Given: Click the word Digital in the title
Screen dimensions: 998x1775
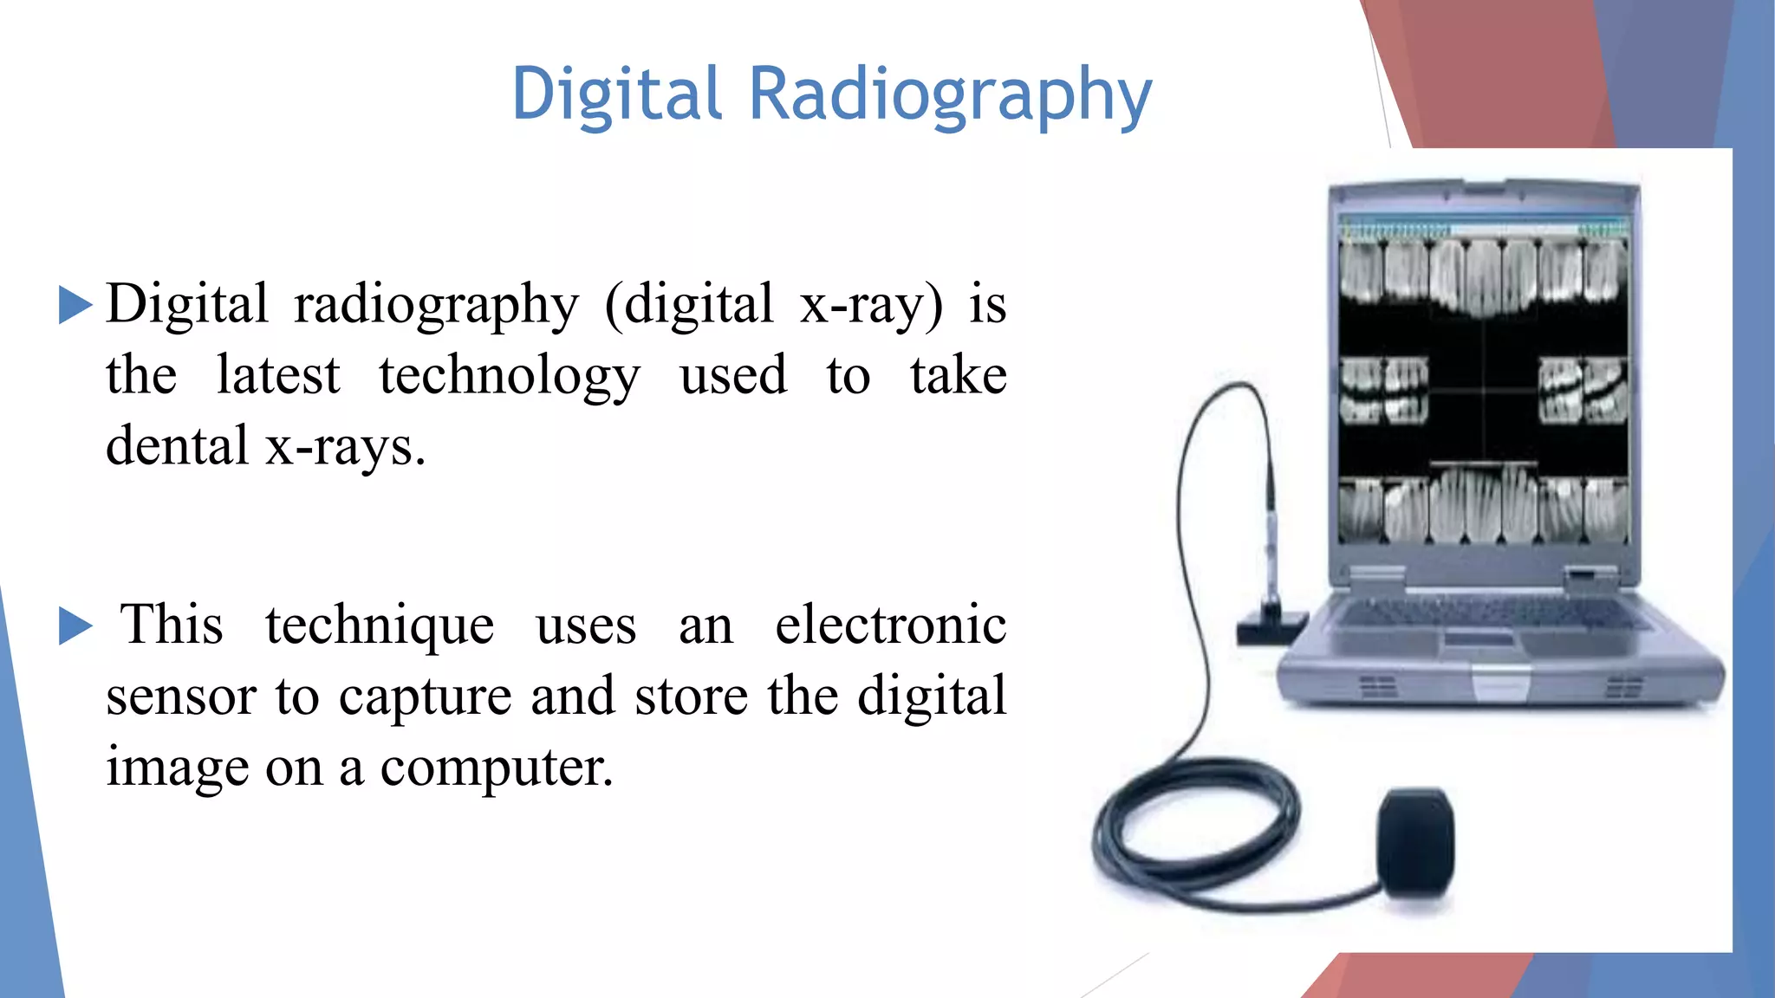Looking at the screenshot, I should [616, 94].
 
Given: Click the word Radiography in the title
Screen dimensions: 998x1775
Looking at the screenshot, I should [950, 95].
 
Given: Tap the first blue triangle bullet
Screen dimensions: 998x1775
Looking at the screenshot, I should [75, 305].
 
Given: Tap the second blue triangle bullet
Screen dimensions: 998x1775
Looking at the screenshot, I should [75, 625].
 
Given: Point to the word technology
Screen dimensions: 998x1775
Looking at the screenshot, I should [510, 377].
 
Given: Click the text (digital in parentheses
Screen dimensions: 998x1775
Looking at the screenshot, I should [689, 305].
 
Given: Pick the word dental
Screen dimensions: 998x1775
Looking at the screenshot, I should [177, 446].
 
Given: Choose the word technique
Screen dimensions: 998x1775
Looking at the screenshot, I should [380, 625].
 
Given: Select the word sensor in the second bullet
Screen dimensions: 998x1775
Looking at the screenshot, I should [181, 697].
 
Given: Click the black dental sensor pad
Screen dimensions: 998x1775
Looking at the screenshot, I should [1415, 842].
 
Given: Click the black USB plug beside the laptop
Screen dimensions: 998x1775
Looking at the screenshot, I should [1271, 625].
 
